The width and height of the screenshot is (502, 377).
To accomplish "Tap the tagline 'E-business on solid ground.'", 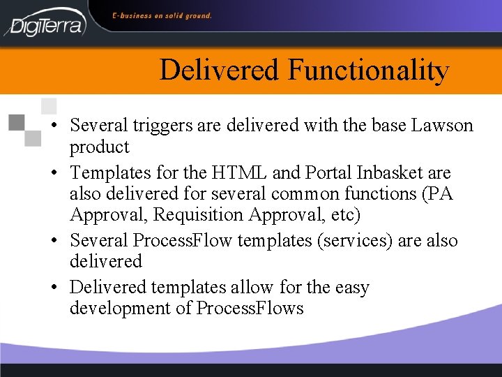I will point(162,15).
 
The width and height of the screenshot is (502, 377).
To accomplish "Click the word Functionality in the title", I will point(368,70).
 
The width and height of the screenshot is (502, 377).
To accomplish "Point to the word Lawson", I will point(442,126).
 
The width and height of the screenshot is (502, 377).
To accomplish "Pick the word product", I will point(99,147).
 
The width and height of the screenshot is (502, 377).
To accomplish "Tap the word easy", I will point(352,288).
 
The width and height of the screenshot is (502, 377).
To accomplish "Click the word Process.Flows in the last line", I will point(250,309).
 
